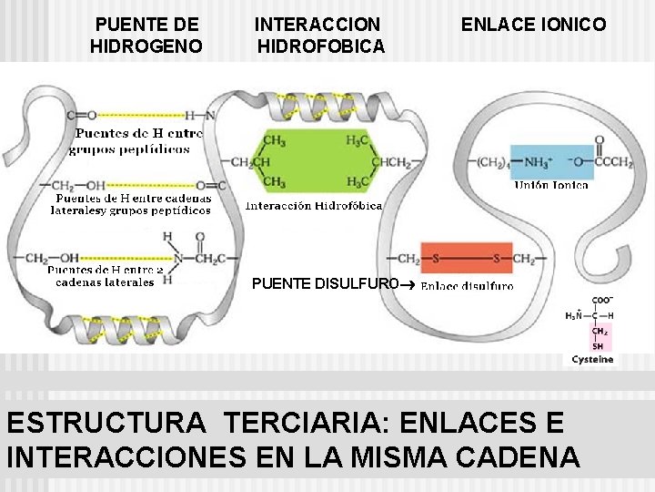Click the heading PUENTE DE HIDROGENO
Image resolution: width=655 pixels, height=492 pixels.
click(x=146, y=35)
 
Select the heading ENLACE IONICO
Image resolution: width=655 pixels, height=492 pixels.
click(x=533, y=25)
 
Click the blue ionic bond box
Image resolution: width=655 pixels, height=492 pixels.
click(x=552, y=162)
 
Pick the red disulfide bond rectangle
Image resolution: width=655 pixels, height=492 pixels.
click(x=466, y=259)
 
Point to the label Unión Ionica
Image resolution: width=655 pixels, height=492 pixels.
click(x=551, y=185)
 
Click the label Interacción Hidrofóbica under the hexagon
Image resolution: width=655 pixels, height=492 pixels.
click(x=314, y=205)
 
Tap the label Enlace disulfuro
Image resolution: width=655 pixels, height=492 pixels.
click(x=467, y=285)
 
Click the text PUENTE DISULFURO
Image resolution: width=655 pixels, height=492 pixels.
click(x=325, y=284)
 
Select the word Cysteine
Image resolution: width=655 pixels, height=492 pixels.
click(x=592, y=359)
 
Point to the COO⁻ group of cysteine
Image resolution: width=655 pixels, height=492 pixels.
click(x=602, y=299)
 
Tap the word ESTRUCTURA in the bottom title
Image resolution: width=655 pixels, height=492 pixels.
click(x=106, y=424)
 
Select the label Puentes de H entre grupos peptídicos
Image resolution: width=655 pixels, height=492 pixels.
click(x=136, y=140)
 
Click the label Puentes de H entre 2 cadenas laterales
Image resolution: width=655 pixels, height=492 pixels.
click(x=105, y=276)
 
